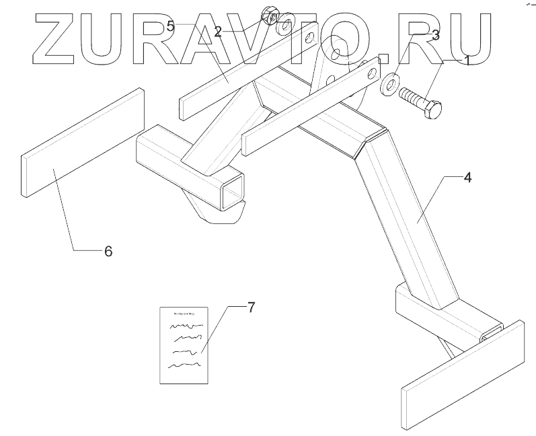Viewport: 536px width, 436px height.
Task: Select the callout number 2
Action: (x=218, y=31)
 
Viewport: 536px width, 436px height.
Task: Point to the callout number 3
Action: (x=436, y=35)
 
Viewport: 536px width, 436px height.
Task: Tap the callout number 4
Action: (x=467, y=178)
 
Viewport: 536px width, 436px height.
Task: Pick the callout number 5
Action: (x=171, y=26)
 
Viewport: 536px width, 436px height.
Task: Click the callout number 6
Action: (x=107, y=251)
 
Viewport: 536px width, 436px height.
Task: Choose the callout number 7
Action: (x=251, y=308)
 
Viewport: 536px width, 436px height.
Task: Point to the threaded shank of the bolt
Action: (x=412, y=98)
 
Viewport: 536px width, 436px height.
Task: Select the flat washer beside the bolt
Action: (x=388, y=87)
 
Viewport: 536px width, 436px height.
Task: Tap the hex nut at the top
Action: (x=268, y=15)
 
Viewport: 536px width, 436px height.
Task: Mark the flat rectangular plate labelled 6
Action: (x=83, y=142)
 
